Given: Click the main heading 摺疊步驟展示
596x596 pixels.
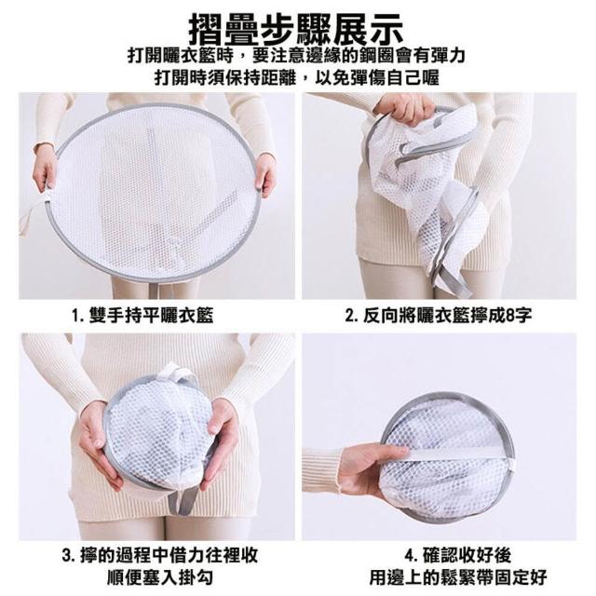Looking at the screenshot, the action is pyautogui.click(x=296, y=29).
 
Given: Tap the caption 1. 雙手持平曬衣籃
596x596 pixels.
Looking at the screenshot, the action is pyautogui.click(x=142, y=315).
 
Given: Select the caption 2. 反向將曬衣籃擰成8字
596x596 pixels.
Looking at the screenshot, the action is pyautogui.click(x=439, y=315).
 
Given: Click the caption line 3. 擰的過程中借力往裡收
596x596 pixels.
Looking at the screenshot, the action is pyautogui.click(x=160, y=555).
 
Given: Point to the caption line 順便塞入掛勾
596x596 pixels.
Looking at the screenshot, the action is pyautogui.click(x=160, y=577).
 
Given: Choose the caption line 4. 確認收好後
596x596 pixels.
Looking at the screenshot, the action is pyautogui.click(x=457, y=555).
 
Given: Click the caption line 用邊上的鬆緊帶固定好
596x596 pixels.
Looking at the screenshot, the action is pyautogui.click(x=458, y=577).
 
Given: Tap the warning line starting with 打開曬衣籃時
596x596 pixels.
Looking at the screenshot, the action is pyautogui.click(x=296, y=56).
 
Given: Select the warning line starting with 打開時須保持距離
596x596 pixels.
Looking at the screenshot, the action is pyautogui.click(x=296, y=78).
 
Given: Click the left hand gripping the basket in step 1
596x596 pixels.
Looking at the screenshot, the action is pyautogui.click(x=44, y=168).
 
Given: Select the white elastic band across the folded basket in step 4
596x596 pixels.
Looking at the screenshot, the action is pyautogui.click(x=458, y=454).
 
